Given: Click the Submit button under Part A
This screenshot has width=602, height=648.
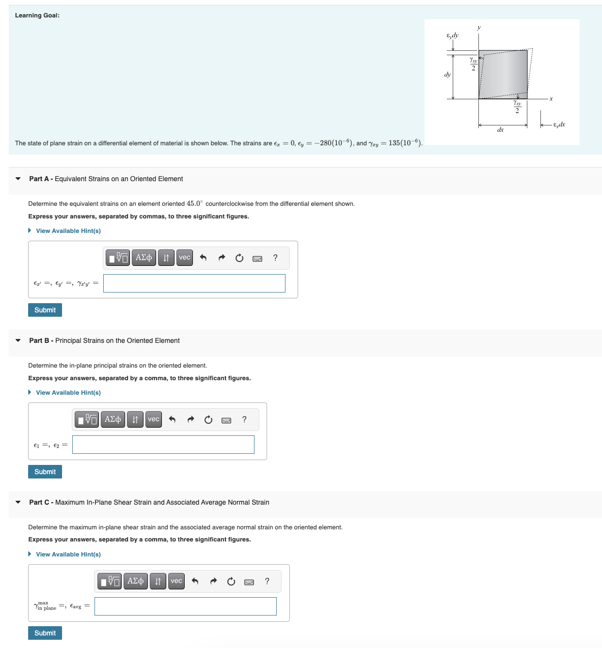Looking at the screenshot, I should coord(45,310).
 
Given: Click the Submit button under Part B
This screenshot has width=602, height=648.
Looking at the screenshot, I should coord(45,472).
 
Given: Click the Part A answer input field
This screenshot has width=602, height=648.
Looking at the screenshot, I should coord(194,283).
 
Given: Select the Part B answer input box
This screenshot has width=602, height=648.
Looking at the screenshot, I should coord(163,445).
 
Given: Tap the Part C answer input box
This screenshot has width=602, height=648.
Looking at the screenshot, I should coord(185,606).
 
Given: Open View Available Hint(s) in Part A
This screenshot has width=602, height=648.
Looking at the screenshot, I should coord(68,231).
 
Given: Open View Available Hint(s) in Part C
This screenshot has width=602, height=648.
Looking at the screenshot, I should coord(68,555).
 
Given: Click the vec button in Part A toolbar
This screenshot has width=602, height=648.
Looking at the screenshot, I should coord(185,258).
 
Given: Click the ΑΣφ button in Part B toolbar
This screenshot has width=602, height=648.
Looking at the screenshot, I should coord(113,419).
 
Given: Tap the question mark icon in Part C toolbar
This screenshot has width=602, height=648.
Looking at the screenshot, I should coord(267,581).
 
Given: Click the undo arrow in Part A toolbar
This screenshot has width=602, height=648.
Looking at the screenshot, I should coord(203,258).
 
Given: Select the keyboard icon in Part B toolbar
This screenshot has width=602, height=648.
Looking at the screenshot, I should coord(226,420).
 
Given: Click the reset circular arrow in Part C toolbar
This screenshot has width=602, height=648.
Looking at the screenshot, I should coord(231,581).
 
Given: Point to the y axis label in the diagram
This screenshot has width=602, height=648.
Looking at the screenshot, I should coord(479,28).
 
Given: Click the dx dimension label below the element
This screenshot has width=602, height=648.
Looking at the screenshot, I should coord(501,130).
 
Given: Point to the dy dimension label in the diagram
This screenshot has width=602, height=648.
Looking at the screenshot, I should coord(447,75).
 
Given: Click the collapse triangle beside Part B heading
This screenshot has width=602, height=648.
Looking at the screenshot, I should coord(18,340).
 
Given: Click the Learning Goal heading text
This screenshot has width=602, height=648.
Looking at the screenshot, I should coord(37,15).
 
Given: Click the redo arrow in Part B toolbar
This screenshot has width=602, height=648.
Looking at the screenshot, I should coord(190,419).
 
